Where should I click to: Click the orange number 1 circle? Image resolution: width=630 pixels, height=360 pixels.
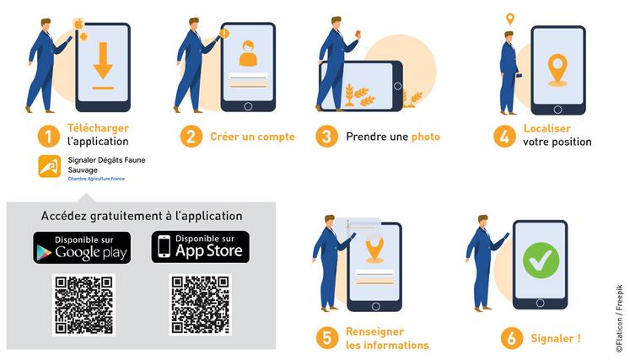tap(49, 135)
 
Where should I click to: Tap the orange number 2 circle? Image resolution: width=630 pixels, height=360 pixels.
tap(193, 136)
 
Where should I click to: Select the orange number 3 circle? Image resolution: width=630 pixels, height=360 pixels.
tap(326, 136)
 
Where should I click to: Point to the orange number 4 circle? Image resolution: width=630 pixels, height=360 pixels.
tap(504, 136)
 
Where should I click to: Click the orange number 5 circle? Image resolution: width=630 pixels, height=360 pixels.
tap(326, 338)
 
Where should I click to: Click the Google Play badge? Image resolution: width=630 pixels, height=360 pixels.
tap(82, 247)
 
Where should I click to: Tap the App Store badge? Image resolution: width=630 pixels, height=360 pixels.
tap(201, 247)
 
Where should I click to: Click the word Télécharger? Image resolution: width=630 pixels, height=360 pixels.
tap(98, 128)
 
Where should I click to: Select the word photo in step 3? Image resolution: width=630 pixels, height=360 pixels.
tap(426, 137)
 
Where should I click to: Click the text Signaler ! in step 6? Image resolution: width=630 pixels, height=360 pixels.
tap(555, 339)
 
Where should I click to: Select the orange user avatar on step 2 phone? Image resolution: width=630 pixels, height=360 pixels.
tap(248, 53)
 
